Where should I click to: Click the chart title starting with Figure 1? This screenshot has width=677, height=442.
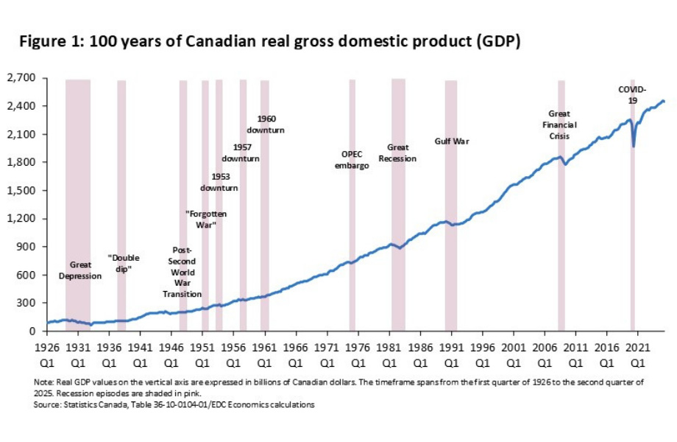(269, 42)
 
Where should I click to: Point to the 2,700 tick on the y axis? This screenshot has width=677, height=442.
(24, 77)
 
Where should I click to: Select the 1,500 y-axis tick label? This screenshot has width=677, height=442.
(24, 190)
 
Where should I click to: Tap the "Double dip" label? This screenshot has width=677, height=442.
(124, 264)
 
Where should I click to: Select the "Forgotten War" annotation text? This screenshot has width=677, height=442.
(205, 219)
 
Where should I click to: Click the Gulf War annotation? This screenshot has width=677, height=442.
(452, 141)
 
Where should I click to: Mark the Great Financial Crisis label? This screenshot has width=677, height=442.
(563, 124)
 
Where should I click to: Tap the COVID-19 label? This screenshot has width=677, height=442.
(632, 94)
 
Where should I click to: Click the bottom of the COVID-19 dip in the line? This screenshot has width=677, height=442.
(634, 146)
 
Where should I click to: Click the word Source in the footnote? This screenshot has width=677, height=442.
(47, 404)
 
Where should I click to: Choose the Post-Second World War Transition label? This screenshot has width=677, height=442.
(182, 272)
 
